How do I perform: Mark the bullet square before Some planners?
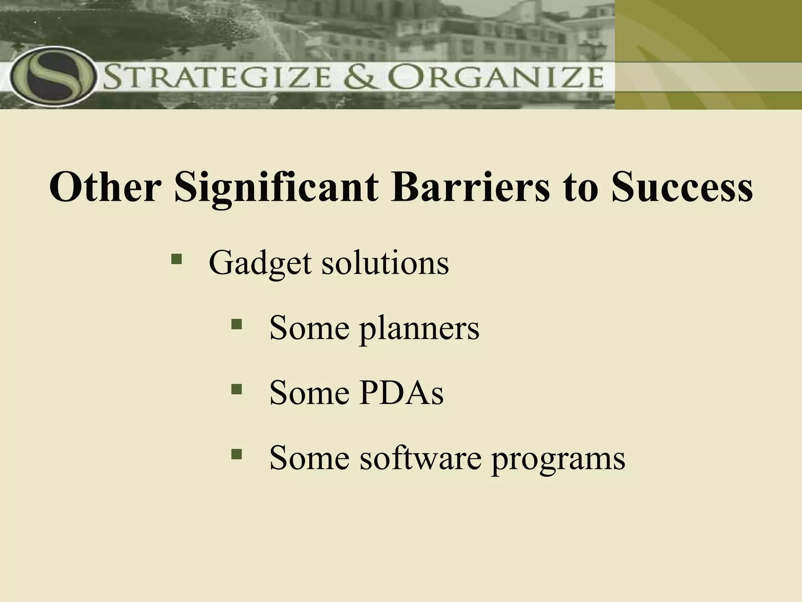[x=237, y=324]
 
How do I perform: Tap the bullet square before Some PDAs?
[x=237, y=389]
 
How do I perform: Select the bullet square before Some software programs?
[x=237, y=454]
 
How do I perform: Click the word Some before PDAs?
[x=309, y=393]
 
